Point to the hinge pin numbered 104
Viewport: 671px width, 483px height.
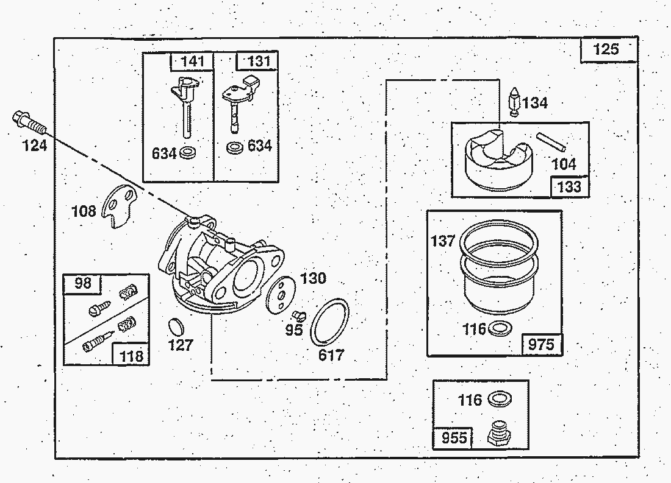(552, 143)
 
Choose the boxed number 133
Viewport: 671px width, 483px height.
(570, 186)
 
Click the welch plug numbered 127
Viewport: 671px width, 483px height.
(176, 326)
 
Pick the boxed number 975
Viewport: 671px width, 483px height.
(541, 345)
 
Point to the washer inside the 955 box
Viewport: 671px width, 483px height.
(500, 400)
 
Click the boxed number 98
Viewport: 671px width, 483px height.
(82, 283)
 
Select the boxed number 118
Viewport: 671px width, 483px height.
(132, 356)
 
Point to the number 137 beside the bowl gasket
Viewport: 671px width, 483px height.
(443, 241)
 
